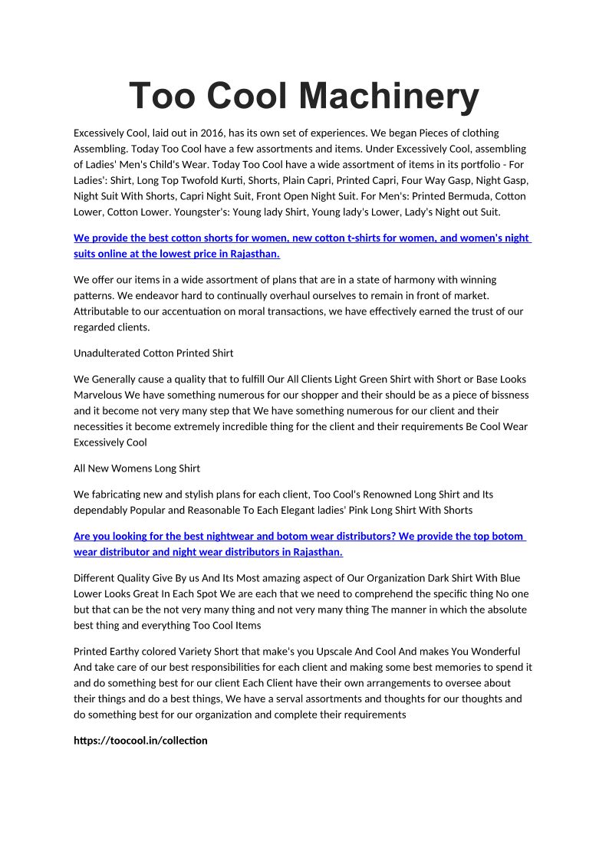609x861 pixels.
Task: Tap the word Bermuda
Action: [453, 196]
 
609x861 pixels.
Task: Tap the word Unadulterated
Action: [107, 353]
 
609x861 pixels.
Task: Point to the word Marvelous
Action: [102, 395]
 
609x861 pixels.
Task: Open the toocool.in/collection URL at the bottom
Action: [140, 741]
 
